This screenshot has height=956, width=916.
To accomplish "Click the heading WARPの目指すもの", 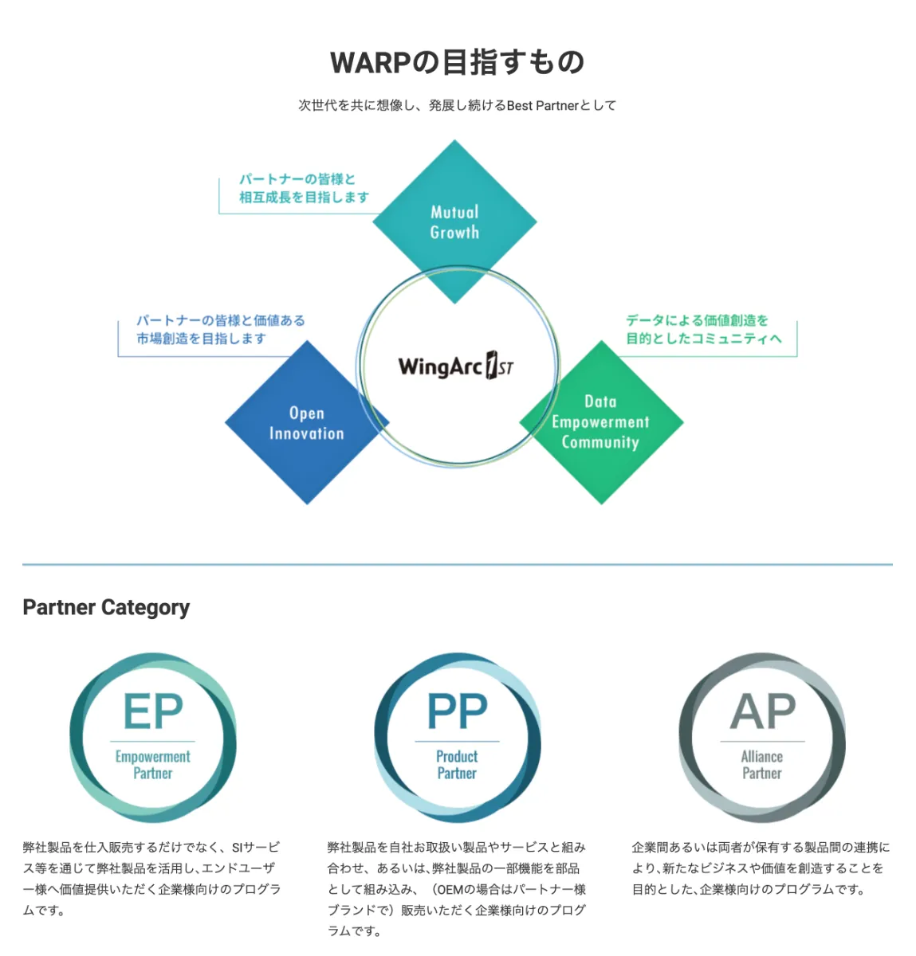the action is click(458, 62).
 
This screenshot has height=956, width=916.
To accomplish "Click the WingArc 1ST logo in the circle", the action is click(456, 366).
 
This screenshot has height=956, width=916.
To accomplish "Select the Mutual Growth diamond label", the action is click(454, 222).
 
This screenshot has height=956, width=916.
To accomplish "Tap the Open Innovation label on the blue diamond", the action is click(306, 423).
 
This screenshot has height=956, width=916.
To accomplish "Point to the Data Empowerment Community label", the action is click(600, 421).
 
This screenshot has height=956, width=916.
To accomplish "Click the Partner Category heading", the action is click(106, 607).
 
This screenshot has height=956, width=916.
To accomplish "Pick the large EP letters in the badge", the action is click(153, 711).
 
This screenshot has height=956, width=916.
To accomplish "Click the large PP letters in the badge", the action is click(458, 711).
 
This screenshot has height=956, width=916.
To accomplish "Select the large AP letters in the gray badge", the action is click(762, 711).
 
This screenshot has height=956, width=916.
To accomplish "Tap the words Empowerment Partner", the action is click(153, 765).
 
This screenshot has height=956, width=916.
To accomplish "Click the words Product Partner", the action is click(457, 765).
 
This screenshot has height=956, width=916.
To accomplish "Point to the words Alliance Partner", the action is click(761, 765).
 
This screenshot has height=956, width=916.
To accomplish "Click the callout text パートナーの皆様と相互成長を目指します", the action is click(304, 188).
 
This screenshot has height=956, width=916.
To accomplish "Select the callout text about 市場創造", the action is click(220, 329).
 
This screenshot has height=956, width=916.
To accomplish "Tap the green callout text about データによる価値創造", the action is click(704, 329).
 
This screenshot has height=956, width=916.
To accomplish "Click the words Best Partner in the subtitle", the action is click(543, 106).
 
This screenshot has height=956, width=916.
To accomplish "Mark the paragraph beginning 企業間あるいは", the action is click(761, 868).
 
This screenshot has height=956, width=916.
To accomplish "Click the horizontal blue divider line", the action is click(458, 565).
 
